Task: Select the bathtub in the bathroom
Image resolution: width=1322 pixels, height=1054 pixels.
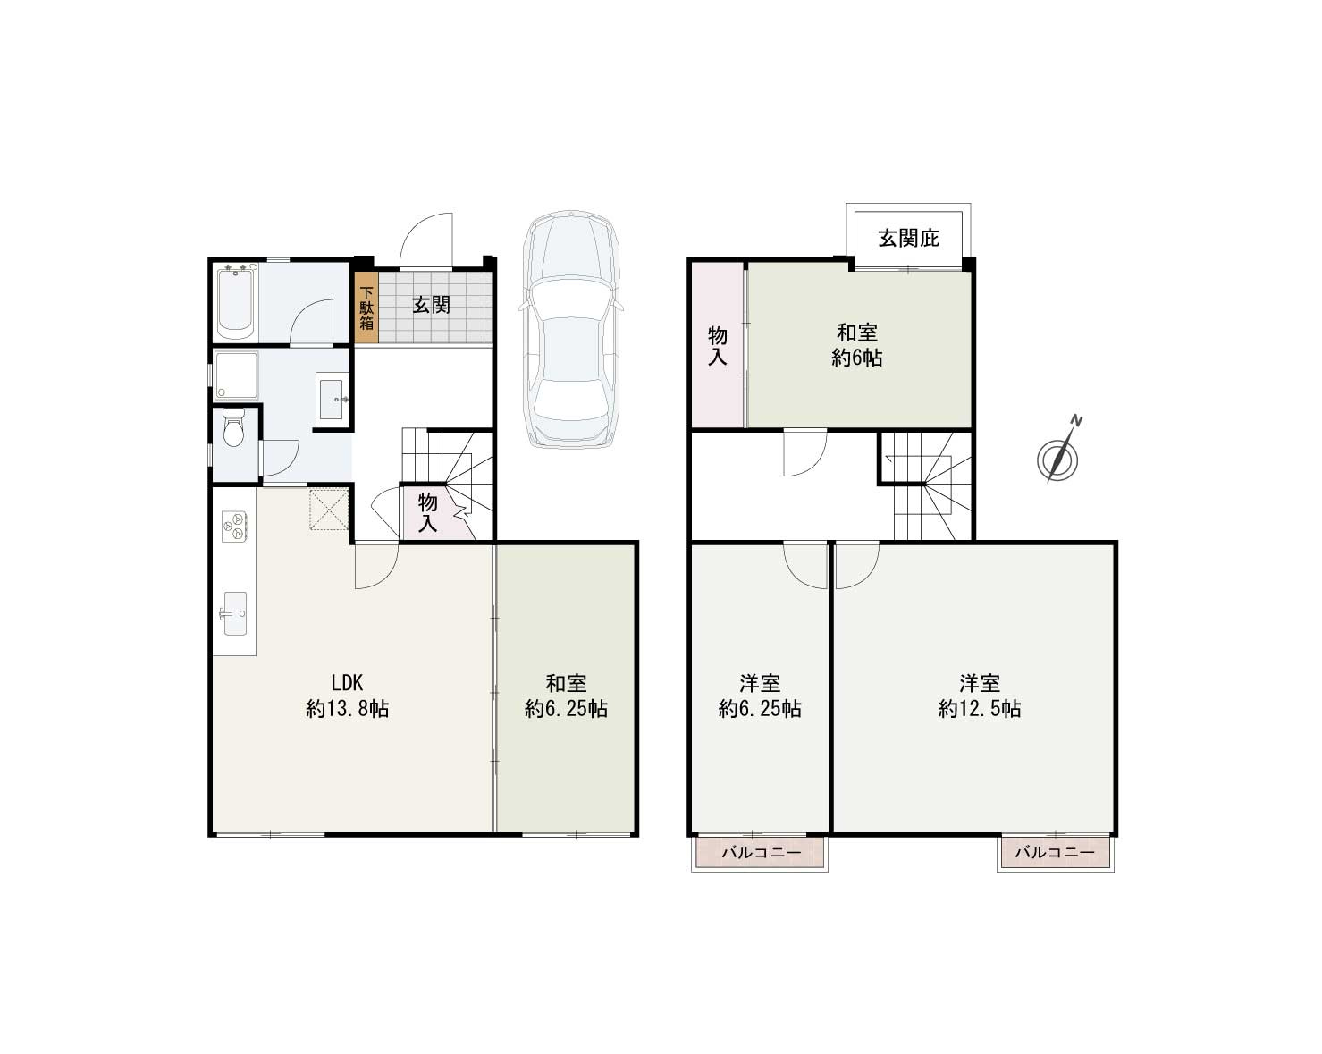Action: click(237, 301)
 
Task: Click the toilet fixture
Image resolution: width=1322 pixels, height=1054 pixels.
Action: click(233, 429)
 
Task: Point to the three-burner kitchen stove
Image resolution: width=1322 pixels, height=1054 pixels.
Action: click(234, 526)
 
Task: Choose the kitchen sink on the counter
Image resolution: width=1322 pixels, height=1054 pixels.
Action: click(234, 613)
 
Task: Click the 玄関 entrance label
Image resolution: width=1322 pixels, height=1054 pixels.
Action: click(431, 305)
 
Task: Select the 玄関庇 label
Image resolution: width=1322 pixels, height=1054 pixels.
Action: click(908, 238)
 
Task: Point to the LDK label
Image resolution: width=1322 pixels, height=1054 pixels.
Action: click(347, 683)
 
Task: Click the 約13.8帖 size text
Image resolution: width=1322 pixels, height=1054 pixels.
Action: click(347, 710)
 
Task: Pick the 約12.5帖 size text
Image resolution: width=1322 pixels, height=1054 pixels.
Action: click(980, 710)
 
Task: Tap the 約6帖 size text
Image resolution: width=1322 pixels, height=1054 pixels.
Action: click(857, 358)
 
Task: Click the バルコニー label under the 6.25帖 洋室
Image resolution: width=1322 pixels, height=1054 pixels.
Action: click(761, 853)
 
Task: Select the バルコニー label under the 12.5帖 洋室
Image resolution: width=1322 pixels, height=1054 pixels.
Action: click(1055, 853)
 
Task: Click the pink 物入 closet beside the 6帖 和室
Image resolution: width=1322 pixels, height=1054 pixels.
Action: click(718, 346)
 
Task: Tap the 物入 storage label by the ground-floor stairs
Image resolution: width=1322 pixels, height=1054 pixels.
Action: click(428, 512)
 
